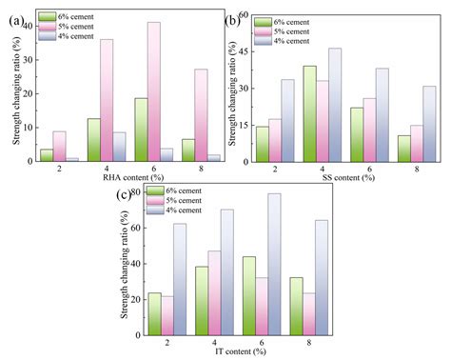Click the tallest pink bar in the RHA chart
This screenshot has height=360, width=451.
tap(154, 91)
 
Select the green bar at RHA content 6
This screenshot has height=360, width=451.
tap(140, 130)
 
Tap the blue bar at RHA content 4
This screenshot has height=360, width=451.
tap(120, 147)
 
